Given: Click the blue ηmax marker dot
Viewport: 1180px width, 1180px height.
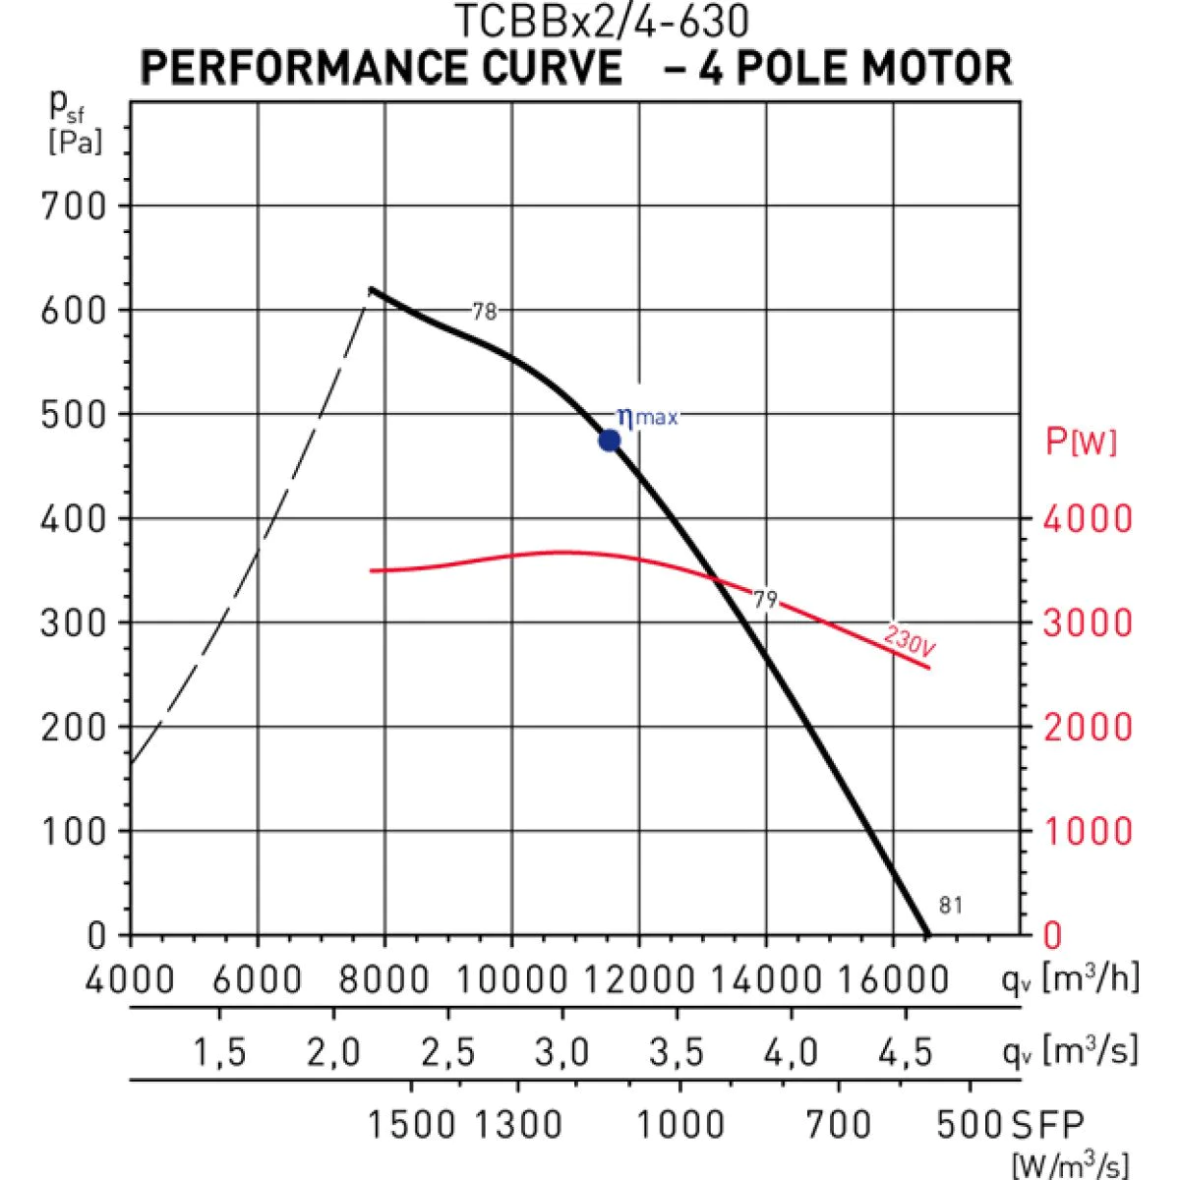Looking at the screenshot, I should [610, 441].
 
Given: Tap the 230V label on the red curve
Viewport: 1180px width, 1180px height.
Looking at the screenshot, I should [910, 641].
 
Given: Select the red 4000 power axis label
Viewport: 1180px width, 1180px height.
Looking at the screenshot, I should [1088, 519].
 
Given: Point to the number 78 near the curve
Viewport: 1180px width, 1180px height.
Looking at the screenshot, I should [485, 312].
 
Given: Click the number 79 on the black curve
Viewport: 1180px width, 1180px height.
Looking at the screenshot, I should [765, 600].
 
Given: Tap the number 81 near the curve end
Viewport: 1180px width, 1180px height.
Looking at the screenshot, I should [951, 906].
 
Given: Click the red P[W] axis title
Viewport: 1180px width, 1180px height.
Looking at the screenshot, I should [1081, 442].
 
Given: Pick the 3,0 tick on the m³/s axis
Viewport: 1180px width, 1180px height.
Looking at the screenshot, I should [562, 1053].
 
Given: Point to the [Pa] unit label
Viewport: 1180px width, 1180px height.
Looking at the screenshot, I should [75, 143].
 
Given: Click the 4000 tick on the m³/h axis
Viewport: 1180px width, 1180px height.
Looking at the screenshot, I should [131, 979].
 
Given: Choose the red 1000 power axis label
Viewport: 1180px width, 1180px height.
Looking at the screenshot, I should [1088, 832].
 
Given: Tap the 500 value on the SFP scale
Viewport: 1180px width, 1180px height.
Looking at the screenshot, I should [970, 1124].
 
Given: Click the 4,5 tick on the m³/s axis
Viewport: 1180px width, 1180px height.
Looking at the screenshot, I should [906, 1053].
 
